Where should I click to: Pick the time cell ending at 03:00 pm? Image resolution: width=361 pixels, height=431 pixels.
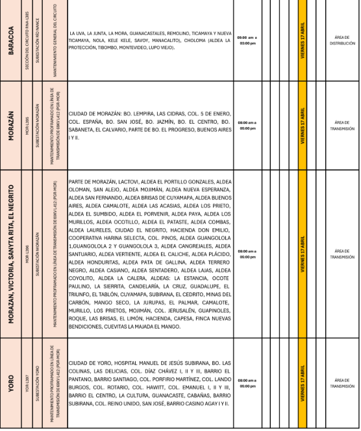(x=247, y=40)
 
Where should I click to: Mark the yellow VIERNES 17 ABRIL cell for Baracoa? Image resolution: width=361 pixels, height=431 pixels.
(x=302, y=40)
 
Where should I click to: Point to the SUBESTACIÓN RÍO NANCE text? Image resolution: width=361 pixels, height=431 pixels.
(x=39, y=40)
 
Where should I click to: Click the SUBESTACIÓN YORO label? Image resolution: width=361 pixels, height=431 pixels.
(x=39, y=382)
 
